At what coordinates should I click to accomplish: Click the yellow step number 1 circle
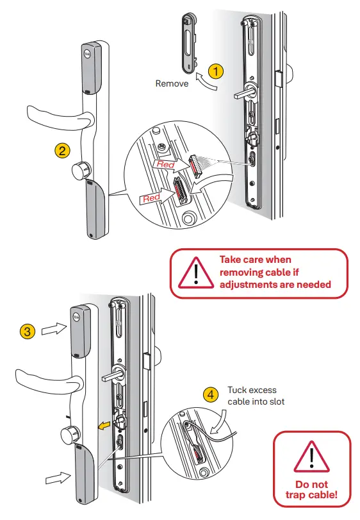(217, 71)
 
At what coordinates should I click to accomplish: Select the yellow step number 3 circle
(27, 331)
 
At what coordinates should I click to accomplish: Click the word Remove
(172, 83)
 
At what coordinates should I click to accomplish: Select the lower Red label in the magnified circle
(151, 198)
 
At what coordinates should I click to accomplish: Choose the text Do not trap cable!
(312, 489)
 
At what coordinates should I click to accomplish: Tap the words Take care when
(255, 260)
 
